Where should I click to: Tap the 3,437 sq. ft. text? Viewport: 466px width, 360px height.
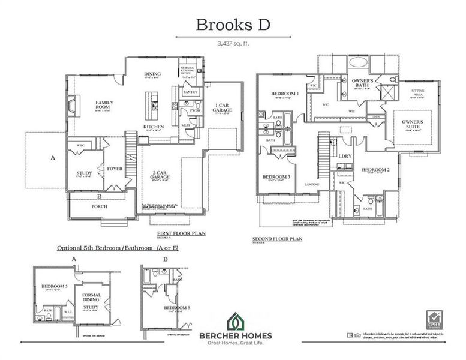tap(232, 43)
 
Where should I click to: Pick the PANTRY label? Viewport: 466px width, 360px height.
tap(190, 92)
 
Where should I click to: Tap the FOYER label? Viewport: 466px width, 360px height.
tap(115, 169)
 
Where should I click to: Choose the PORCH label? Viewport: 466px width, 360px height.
tap(99, 208)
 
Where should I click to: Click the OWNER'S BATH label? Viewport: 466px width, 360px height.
tap(363, 83)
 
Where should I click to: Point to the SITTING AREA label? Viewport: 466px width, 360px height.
tap(417, 92)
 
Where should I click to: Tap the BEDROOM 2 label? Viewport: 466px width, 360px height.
tap(376, 170)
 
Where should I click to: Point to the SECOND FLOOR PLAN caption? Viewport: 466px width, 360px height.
tap(276, 239)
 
